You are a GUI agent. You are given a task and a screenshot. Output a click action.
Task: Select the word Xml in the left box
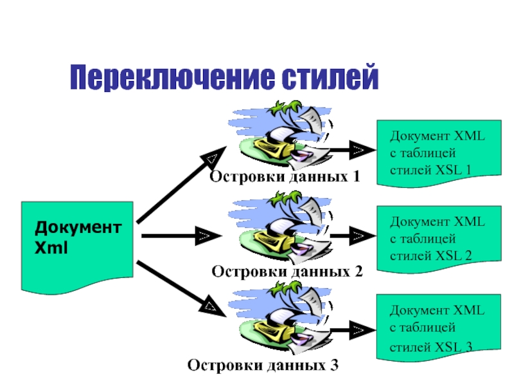coord(51,248)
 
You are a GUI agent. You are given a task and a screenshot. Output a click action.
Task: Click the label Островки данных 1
coord(285,176)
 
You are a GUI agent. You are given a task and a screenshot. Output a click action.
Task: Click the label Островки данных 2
coord(287,271)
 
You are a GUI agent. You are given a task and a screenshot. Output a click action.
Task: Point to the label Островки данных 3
coord(263,365)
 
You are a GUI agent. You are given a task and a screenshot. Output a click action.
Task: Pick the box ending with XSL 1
coord(439,153)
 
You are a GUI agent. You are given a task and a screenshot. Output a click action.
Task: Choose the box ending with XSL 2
coord(439,239)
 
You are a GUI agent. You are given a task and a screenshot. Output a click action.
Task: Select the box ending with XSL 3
coord(439,328)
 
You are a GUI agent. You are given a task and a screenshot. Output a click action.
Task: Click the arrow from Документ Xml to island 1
coord(181,185)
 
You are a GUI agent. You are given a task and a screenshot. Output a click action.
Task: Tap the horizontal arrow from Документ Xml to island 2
coord(181,235)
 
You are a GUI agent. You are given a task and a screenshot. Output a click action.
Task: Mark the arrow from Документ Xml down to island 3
coord(181,289)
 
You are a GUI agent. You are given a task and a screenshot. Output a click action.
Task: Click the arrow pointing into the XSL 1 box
coord(353,150)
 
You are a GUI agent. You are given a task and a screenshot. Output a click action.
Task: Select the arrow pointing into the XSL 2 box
coord(353,235)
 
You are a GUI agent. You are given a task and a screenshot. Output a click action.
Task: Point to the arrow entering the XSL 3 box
coord(353,330)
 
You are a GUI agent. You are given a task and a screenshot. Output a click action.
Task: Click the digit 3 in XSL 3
coord(468,347)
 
